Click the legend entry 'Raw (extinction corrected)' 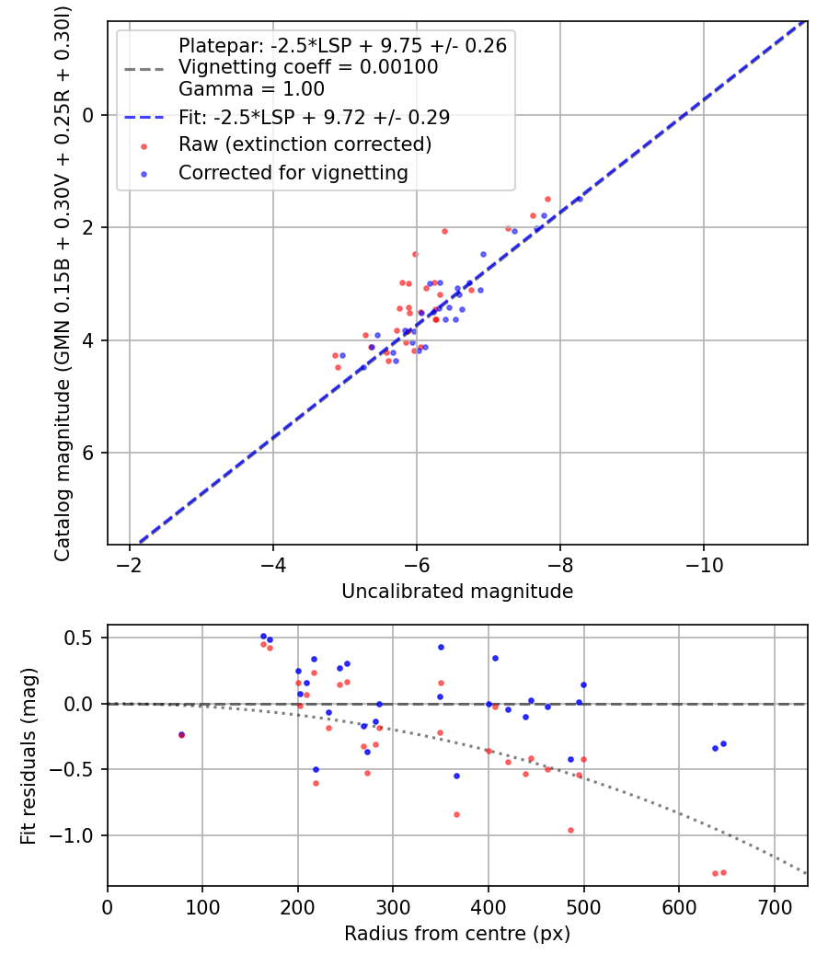pos(305,144)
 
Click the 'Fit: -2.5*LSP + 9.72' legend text pos(314,118)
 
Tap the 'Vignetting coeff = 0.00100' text pos(308,67)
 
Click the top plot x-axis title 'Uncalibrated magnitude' pos(457,592)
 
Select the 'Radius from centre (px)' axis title pos(457,934)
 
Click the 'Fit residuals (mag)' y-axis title pos(29,755)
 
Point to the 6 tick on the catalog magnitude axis pos(90,454)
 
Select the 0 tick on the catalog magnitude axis pos(90,115)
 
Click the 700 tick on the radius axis pos(774,905)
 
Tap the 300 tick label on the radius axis pos(393,905)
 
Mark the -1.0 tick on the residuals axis pos(80,835)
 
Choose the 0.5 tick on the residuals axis pos(86,638)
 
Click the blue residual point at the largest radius pos(723,743)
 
